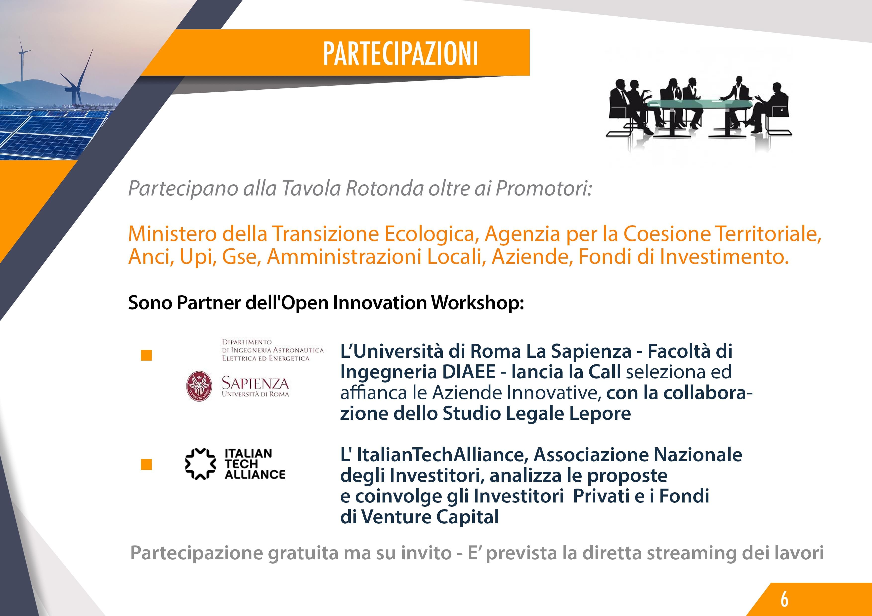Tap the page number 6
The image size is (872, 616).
784,599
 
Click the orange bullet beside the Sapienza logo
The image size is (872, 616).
146,355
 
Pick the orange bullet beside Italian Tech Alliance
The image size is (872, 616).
146,464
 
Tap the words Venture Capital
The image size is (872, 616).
430,517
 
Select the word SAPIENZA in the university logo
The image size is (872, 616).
255,383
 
